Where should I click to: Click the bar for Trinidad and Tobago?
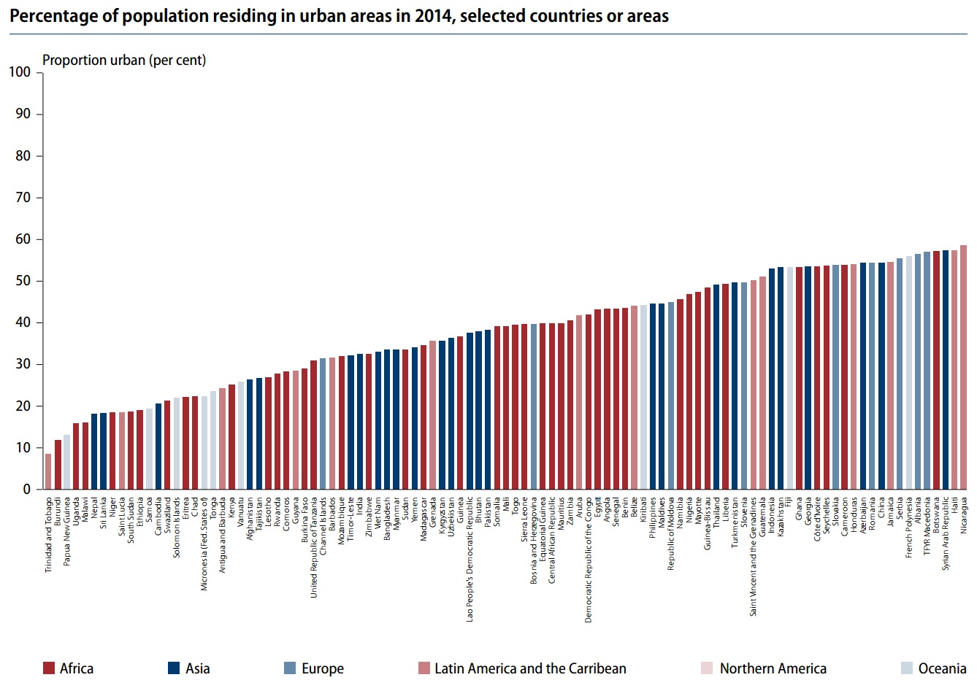click(48, 471)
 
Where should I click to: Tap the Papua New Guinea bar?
click(66, 462)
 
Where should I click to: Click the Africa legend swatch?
click(50, 668)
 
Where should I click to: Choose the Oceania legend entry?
click(942, 668)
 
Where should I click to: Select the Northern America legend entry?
click(773, 668)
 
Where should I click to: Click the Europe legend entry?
click(322, 668)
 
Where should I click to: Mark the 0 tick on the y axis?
click(26, 490)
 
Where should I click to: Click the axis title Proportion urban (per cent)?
click(124, 61)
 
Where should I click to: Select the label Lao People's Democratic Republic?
click(470, 559)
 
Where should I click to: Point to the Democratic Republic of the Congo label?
click(589, 560)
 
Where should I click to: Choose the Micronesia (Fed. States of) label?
click(204, 544)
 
